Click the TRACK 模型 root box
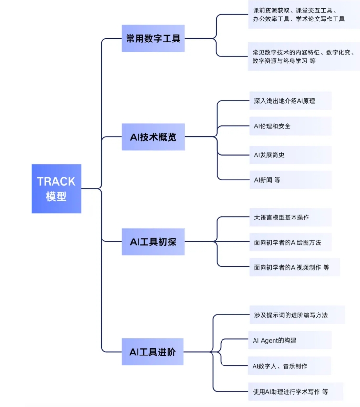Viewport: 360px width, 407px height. pyautogui.click(x=56, y=188)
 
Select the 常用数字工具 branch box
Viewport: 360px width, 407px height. pyautogui.click(x=153, y=39)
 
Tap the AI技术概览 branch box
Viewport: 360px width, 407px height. pyautogui.click(x=153, y=137)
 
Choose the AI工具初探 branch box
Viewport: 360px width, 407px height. pyautogui.click(x=153, y=242)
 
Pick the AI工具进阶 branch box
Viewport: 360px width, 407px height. pyautogui.click(x=152, y=352)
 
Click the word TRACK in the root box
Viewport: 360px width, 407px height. pyautogui.click(x=56, y=181)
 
